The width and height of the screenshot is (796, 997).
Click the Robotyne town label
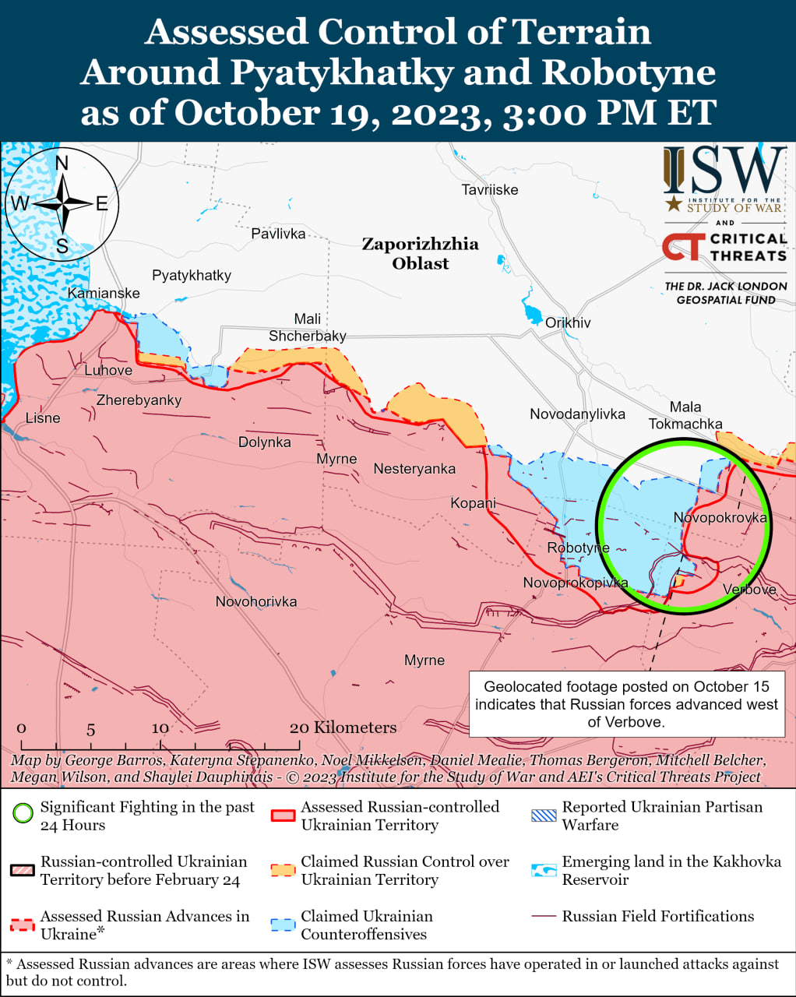[578, 548]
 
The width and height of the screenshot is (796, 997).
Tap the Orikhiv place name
[568, 322]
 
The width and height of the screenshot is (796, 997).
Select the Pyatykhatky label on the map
[192, 276]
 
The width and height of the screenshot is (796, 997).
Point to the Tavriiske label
[489, 190]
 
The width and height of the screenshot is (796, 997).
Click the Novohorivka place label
[256, 602]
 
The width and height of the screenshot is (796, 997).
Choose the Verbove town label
[749, 590]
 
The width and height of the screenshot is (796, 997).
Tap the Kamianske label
[104, 294]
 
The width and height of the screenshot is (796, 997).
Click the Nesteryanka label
[414, 469]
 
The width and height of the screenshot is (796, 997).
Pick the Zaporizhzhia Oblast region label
[421, 254]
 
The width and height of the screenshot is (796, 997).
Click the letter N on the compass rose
[62, 163]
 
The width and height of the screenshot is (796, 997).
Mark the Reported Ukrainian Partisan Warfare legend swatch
[544, 816]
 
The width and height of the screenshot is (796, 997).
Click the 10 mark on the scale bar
[160, 728]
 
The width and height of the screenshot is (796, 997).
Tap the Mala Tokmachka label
[685, 416]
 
